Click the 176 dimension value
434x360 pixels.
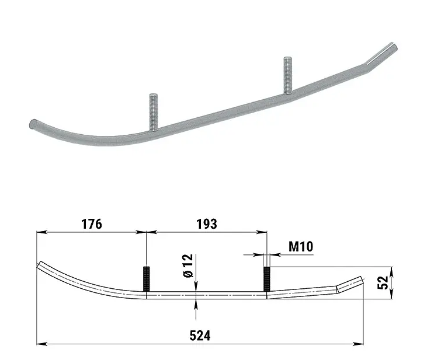pyautogui.click(x=92, y=224)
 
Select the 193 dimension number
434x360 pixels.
pyautogui.click(x=207, y=224)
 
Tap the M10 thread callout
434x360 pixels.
pyautogui.click(x=301, y=246)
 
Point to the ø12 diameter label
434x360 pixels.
pyautogui.click(x=188, y=265)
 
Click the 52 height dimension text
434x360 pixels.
pyautogui.click(x=383, y=282)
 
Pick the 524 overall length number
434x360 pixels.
pyautogui.click(x=200, y=335)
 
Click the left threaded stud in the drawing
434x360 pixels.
pyautogui.click(x=146, y=279)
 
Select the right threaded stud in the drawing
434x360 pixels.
pyautogui.click(x=267, y=279)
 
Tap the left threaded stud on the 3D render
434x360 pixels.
pyautogui.click(x=154, y=112)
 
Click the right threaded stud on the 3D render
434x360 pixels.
pyautogui.click(x=288, y=75)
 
